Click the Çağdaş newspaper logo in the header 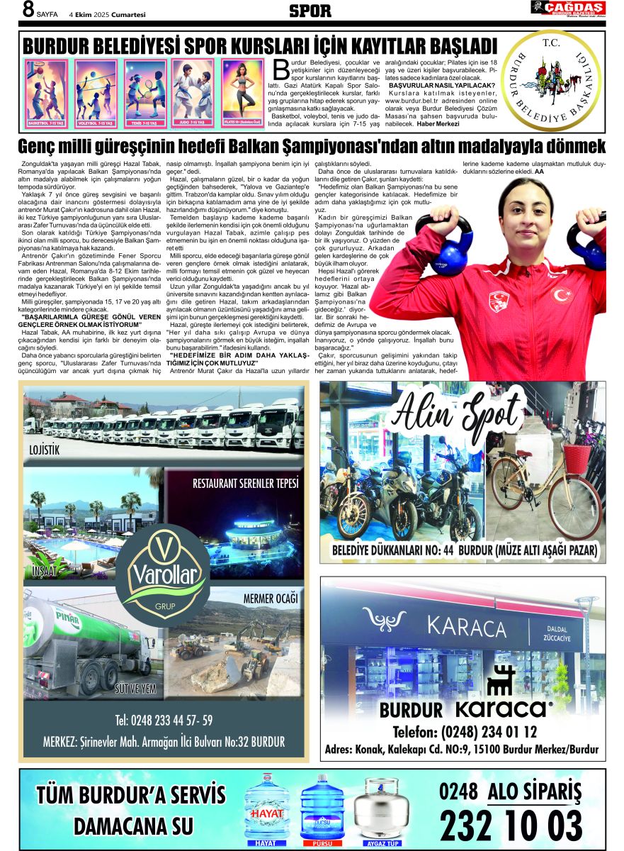pos(568,9)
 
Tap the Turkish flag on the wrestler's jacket pos(561,294)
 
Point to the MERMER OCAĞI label pos(271,599)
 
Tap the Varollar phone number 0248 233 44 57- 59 pos(164,721)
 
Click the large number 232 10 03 pos(511,825)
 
